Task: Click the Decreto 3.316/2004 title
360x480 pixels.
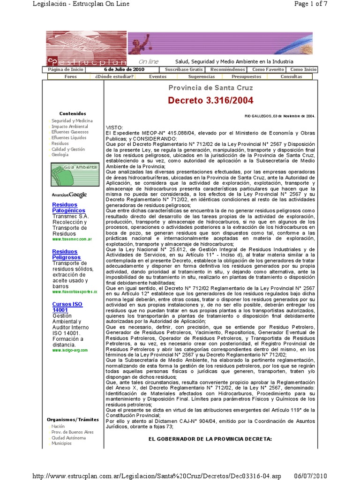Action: pyautogui.click(x=210, y=100)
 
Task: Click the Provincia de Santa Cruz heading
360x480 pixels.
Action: pyautogui.click(x=210, y=88)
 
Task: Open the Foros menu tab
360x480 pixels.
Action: pyautogui.click(x=71, y=76)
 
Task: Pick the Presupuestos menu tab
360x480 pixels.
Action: pyautogui.click(x=247, y=76)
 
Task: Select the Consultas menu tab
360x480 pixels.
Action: pyautogui.click(x=291, y=76)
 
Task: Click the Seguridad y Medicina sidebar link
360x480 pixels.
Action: pyautogui.click(x=72, y=121)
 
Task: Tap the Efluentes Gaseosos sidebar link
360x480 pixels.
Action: pyautogui.click(x=69, y=132)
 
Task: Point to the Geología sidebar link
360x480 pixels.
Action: pyautogui.click(x=60, y=155)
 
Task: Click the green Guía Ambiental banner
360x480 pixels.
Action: pyautogui.click(x=75, y=174)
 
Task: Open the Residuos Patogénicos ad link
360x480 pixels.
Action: pyautogui.click(x=65, y=208)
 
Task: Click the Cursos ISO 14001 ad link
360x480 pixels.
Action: pyautogui.click(x=67, y=307)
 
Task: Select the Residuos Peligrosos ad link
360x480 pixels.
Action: pyautogui.click(x=66, y=255)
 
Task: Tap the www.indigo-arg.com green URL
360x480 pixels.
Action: pyautogui.click(x=70, y=350)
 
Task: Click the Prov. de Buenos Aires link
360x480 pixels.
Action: pyautogui.click(x=73, y=432)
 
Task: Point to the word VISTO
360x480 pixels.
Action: pyautogui.click(x=115, y=127)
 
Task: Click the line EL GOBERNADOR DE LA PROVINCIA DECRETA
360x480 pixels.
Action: pyautogui.click(x=210, y=439)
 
